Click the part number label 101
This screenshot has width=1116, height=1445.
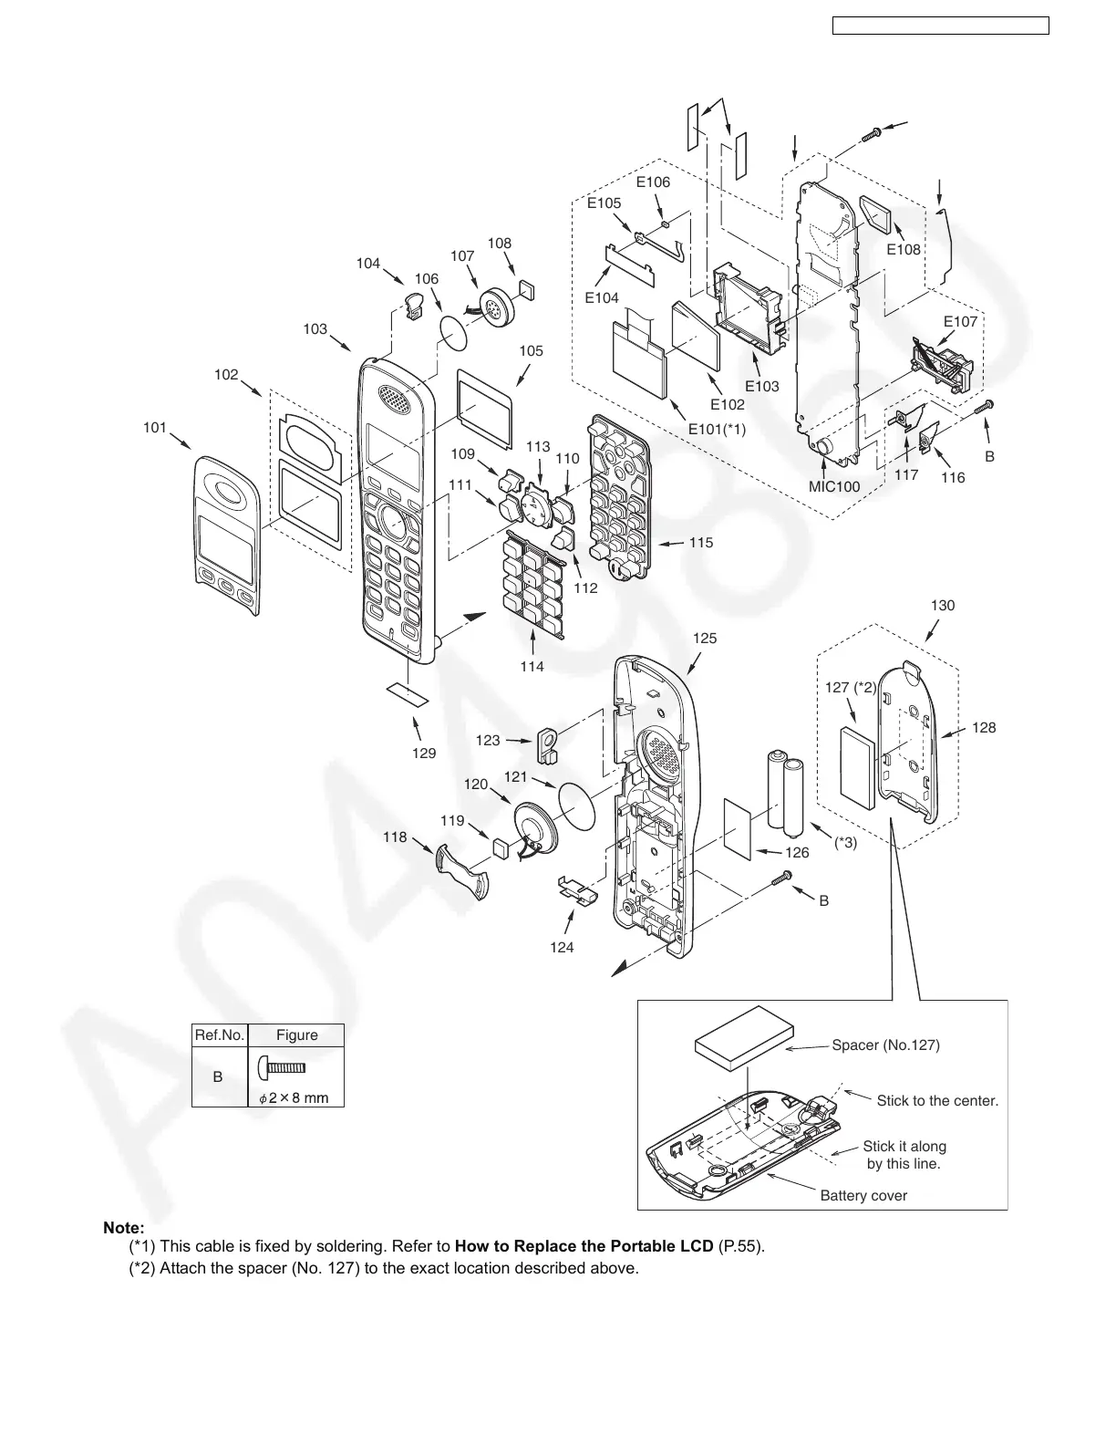[x=155, y=426]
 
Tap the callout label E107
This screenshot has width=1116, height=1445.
[x=960, y=321]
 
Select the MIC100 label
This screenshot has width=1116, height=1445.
[x=834, y=486]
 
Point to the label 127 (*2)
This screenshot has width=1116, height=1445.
[x=851, y=688]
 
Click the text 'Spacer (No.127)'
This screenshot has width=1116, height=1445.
[x=885, y=1045]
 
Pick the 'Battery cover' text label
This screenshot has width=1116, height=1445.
[x=863, y=1195]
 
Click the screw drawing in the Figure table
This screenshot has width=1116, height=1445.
[x=282, y=1066]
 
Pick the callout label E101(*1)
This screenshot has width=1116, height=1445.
[x=716, y=429]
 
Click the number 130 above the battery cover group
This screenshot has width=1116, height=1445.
[x=943, y=605]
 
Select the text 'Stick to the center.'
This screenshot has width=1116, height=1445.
[x=937, y=1100]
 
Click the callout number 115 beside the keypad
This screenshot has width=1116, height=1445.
[x=700, y=542]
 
